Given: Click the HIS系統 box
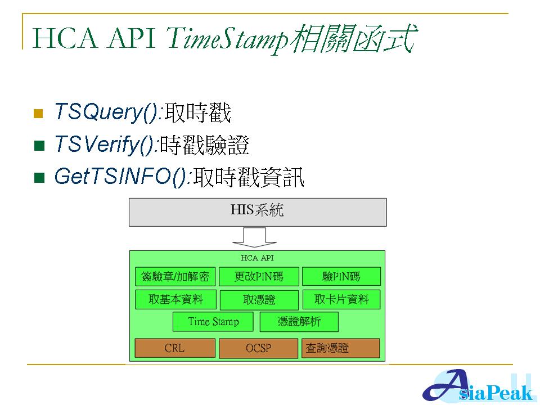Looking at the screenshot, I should pyautogui.click(x=258, y=211).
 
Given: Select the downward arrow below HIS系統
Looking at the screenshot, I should pyautogui.click(x=255, y=237).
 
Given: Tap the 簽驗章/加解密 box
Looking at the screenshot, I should pyautogui.click(x=175, y=277).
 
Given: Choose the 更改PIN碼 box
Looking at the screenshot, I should pyautogui.click(x=259, y=277).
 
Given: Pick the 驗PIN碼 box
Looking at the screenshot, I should pyautogui.click(x=341, y=277).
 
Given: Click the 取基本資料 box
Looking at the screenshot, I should pyautogui.click(x=175, y=299).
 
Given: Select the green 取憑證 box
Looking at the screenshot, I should pyautogui.click(x=259, y=300).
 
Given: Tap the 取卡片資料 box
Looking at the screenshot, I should pyautogui.click(x=341, y=299).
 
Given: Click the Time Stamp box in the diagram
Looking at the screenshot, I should pyautogui.click(x=213, y=322).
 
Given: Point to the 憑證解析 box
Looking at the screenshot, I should pyautogui.click(x=299, y=322).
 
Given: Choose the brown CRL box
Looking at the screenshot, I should pyautogui.click(x=174, y=348).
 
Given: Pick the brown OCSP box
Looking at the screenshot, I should pyautogui.click(x=258, y=348).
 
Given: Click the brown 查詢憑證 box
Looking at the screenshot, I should pyautogui.click(x=341, y=348).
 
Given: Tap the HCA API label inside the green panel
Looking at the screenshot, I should pyautogui.click(x=257, y=258).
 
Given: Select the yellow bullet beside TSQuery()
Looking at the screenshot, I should pyautogui.click(x=39, y=114).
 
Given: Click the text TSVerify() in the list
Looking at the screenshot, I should pyautogui.click(x=105, y=145).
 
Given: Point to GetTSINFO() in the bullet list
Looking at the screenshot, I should pyautogui.click(x=121, y=177).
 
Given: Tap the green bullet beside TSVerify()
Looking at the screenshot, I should pyautogui.click(x=39, y=146).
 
